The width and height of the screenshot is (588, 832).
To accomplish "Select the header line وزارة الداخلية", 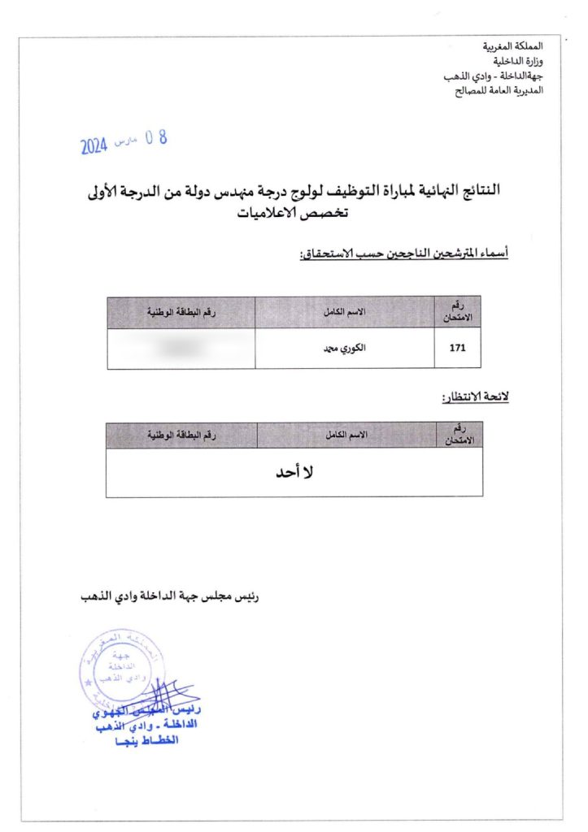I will (520, 62).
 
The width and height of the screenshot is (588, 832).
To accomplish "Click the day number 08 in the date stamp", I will (155, 138).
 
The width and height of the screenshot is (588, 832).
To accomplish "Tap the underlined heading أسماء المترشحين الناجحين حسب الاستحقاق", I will (404, 254).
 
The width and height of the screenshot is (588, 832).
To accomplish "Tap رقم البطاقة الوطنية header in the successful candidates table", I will (181, 312).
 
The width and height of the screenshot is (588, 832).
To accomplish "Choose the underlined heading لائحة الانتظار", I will (475, 398).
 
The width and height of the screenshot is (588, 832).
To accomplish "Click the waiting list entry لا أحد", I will (295, 472).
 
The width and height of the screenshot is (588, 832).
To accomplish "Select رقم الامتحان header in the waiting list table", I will (460, 435).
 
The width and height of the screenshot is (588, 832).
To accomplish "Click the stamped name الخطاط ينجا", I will (147, 741).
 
